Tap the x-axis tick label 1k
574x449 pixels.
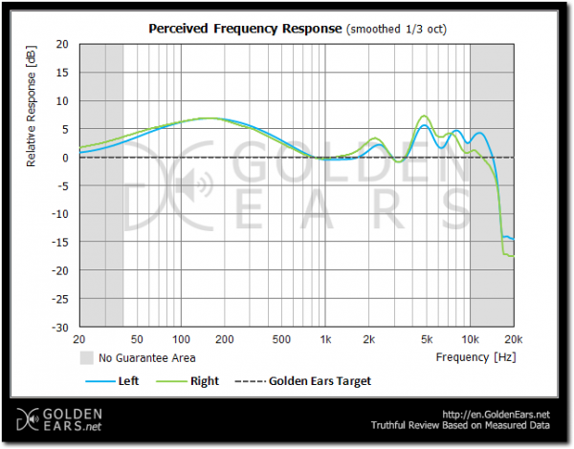(325, 340)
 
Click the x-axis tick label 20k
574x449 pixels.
(514, 340)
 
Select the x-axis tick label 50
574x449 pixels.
(137, 340)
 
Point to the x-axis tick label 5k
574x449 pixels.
(427, 340)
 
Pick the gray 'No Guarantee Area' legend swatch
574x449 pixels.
(86, 358)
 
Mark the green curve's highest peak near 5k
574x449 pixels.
(426, 116)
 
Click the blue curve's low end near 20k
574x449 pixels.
(513, 239)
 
